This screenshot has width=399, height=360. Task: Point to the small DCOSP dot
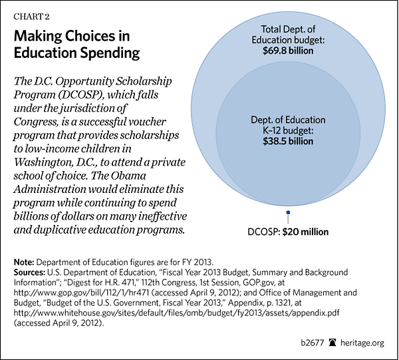tap(288, 213)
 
